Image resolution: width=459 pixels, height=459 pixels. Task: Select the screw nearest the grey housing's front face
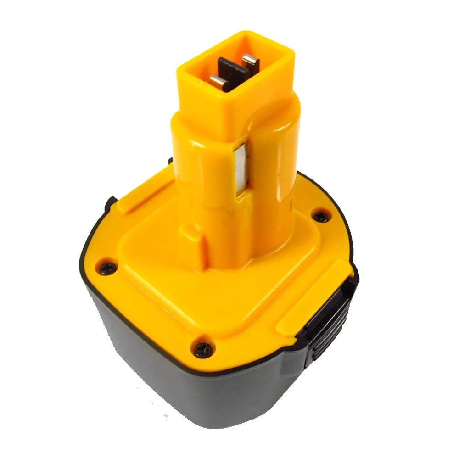201,350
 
